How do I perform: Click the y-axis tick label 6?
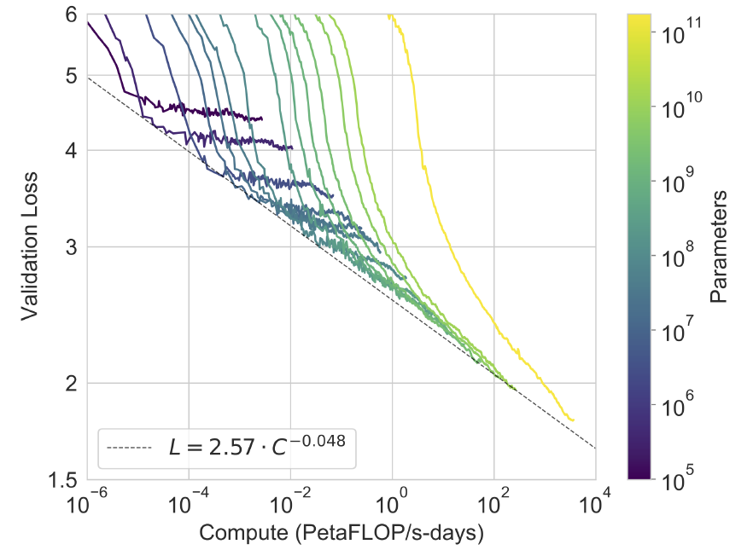pos(72,15)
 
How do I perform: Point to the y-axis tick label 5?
pos(72,76)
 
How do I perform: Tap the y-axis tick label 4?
pos(72,151)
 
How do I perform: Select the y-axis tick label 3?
pos(72,247)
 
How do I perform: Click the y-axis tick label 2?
pos(72,383)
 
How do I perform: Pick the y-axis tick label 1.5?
pos(65,479)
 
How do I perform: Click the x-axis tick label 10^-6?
pos(88,504)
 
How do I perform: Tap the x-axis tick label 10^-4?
pos(190,504)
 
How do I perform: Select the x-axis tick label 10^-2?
pos(291,504)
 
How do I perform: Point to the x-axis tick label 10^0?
pos(393,504)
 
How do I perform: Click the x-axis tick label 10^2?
pos(494,504)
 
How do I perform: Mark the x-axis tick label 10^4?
pos(595,504)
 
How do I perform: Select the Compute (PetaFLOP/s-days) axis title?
pos(341,534)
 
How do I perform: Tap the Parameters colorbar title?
pos(719,247)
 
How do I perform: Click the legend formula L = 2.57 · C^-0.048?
pos(256,445)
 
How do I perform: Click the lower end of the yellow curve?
pos(572,420)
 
